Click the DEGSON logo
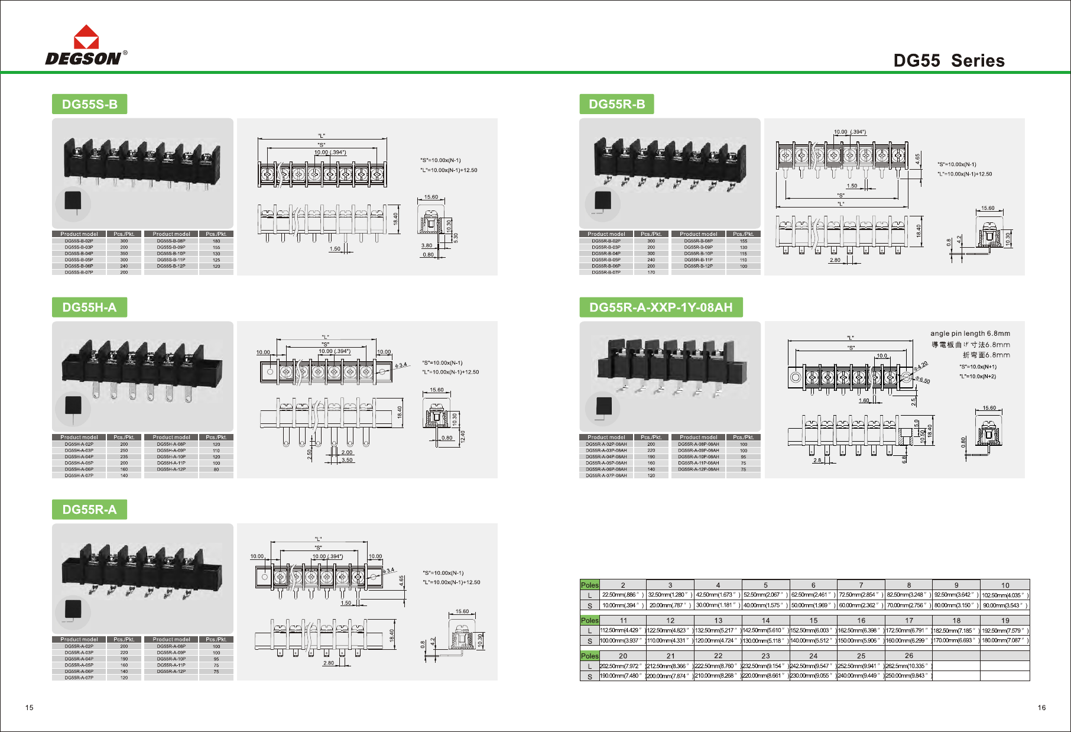click(86, 46)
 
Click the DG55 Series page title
click(949, 61)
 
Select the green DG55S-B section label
click(90, 105)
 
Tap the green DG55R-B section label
click(616, 105)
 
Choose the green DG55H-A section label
click(89, 307)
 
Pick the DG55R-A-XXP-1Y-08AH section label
click(661, 307)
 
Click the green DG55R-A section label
click(89, 510)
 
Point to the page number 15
click(30, 708)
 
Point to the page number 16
click(1041, 708)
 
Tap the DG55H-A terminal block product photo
click(142, 370)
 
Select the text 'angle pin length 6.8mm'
click(970, 333)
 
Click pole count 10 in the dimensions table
click(1005, 585)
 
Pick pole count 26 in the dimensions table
click(908, 656)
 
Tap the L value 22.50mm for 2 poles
click(622, 595)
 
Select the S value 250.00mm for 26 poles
click(908, 676)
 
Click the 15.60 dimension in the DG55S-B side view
click(431, 197)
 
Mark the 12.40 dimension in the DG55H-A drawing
click(463, 436)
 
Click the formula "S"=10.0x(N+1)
click(978, 367)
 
